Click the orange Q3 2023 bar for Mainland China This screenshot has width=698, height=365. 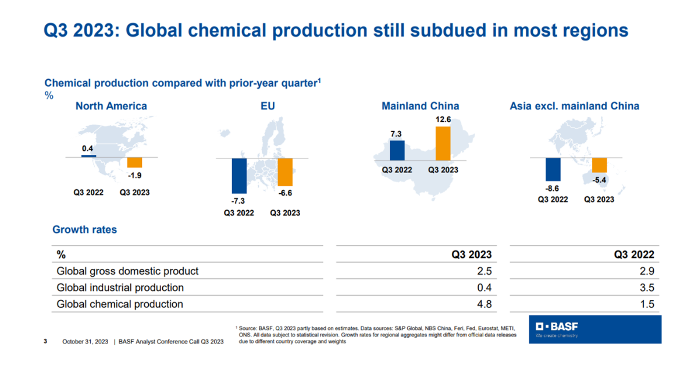(x=443, y=143)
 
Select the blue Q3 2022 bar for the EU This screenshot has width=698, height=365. (x=239, y=175)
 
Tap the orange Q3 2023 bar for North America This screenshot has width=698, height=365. (x=134, y=162)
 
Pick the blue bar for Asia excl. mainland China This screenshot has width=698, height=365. (x=553, y=169)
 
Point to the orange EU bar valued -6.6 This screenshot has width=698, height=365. (x=285, y=172)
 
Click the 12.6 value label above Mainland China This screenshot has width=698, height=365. (x=443, y=120)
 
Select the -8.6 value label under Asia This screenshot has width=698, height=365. (x=552, y=188)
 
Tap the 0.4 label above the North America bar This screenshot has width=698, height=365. (x=88, y=148)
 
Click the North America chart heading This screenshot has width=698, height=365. (x=111, y=106)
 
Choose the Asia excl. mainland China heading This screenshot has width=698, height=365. (x=574, y=106)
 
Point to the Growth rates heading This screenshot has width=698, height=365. (x=84, y=229)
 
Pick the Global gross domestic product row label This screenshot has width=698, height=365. (x=127, y=271)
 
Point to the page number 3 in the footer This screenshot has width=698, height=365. (x=46, y=341)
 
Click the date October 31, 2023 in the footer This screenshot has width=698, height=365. (x=86, y=342)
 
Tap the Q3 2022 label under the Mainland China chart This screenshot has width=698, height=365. (x=397, y=170)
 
